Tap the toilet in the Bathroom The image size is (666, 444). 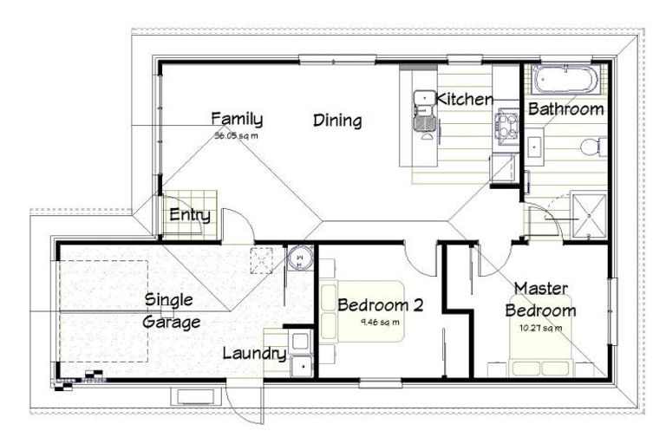click(x=592, y=147)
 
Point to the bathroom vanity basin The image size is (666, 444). click(x=534, y=147)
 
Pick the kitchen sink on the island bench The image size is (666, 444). click(x=423, y=109)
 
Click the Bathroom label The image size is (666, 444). click(x=565, y=109)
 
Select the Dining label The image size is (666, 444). click(x=337, y=121)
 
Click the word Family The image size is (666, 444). click(x=237, y=119)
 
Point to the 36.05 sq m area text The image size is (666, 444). click(x=237, y=136)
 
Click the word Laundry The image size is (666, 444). click(x=254, y=353)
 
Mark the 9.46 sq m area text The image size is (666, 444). click(x=380, y=323)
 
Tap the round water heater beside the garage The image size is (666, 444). click(x=299, y=257)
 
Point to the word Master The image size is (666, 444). click(x=541, y=287)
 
